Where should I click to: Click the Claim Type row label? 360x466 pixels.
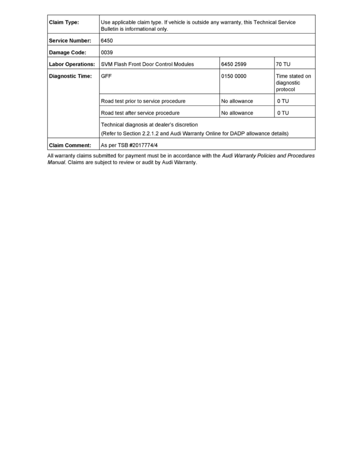(x=64, y=22)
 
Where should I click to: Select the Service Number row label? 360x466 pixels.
(x=70, y=40)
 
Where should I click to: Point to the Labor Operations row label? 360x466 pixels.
(x=72, y=64)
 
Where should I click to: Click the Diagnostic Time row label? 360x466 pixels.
(x=70, y=76)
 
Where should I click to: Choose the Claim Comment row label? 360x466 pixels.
(x=70, y=145)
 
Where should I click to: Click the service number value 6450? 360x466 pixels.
(x=107, y=40)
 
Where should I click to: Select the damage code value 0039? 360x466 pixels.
(x=107, y=52)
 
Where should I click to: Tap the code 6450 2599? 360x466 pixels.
(x=234, y=64)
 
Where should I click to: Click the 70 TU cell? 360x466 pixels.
(x=283, y=64)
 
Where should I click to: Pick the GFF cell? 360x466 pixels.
(x=106, y=76)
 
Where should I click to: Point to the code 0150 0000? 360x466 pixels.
(x=234, y=76)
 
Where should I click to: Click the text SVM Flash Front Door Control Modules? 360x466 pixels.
(x=147, y=64)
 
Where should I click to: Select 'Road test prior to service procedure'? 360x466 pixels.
(x=143, y=101)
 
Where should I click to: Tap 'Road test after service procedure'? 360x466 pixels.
(x=140, y=113)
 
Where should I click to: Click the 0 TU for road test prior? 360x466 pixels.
(x=283, y=101)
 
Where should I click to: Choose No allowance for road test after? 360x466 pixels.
(x=237, y=113)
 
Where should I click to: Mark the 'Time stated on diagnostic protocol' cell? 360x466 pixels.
(x=293, y=83)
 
